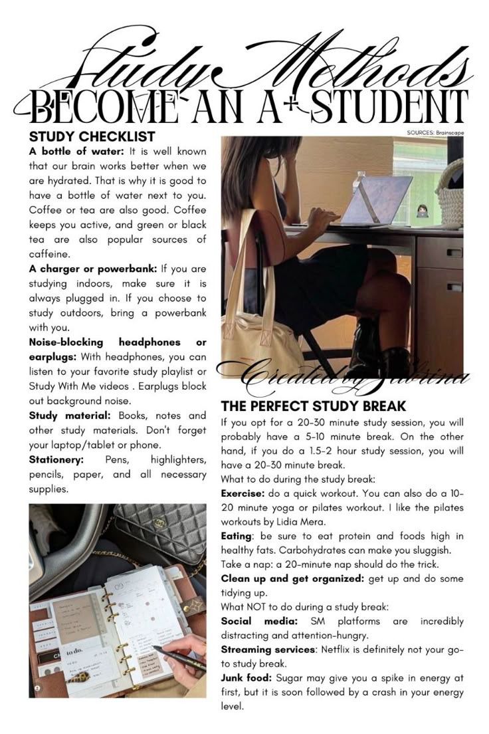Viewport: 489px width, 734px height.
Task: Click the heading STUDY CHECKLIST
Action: tap(92, 137)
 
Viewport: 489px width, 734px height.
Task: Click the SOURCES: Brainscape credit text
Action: tap(435, 133)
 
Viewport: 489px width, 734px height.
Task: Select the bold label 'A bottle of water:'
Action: tap(72, 152)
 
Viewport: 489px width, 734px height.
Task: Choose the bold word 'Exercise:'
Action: tap(243, 494)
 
